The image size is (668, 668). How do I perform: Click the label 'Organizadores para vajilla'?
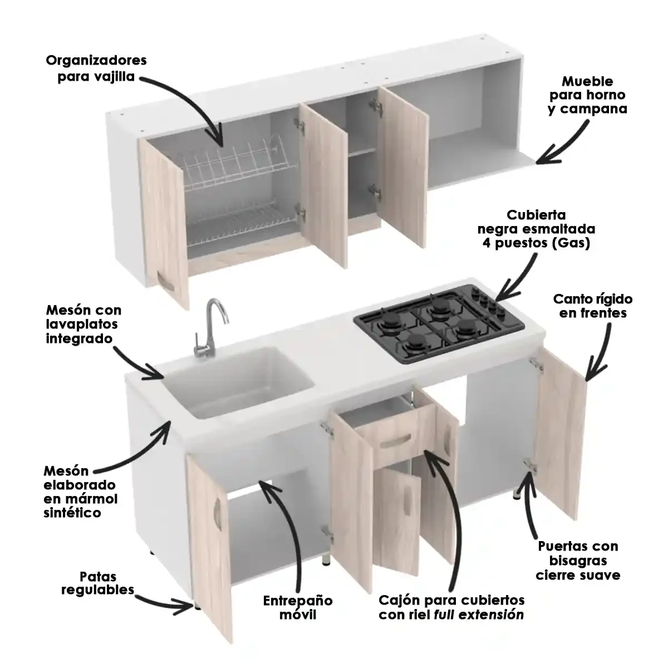(x=96, y=68)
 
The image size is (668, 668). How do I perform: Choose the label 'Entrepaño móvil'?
(x=298, y=607)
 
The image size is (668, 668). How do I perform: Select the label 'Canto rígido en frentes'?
(x=593, y=306)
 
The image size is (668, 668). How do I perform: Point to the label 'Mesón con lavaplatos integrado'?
(x=83, y=324)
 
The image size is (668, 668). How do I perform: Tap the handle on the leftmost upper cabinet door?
(x=165, y=282)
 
